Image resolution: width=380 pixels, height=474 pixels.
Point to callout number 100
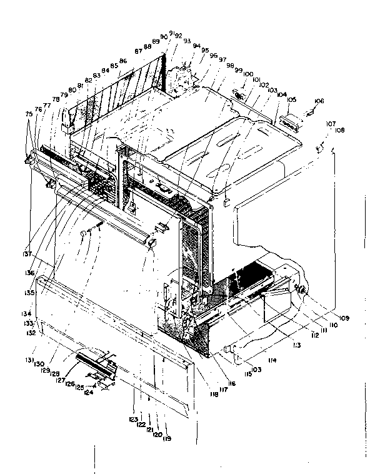tap(248, 74)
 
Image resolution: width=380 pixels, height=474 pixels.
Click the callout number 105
tap(291, 99)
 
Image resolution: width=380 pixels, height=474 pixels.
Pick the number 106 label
tap(319, 101)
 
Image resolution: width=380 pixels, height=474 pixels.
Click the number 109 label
tap(344, 319)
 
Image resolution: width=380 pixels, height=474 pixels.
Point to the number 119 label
tap(167, 438)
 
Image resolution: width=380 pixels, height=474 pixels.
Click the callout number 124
tap(89, 393)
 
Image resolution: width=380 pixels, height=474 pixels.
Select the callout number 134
tap(28, 313)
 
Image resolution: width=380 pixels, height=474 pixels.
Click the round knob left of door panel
tap(82, 233)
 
